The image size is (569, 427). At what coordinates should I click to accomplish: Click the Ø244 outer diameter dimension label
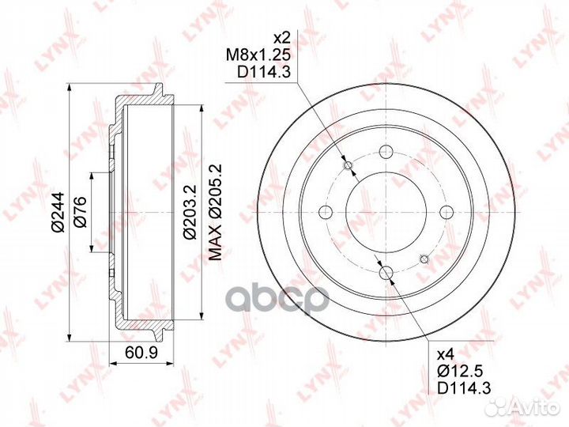[x=58, y=212]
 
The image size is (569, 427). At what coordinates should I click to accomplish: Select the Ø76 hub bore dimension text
[x=80, y=212]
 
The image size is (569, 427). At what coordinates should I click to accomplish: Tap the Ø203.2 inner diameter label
[x=190, y=212]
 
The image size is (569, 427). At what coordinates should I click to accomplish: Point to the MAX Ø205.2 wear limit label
[x=216, y=212]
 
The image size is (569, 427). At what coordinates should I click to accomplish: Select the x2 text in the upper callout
[x=281, y=37]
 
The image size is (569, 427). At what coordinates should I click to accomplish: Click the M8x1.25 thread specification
[x=258, y=55]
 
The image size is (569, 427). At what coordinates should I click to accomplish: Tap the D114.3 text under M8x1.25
[x=264, y=72]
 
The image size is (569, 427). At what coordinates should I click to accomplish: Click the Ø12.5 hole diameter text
[x=460, y=371]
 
